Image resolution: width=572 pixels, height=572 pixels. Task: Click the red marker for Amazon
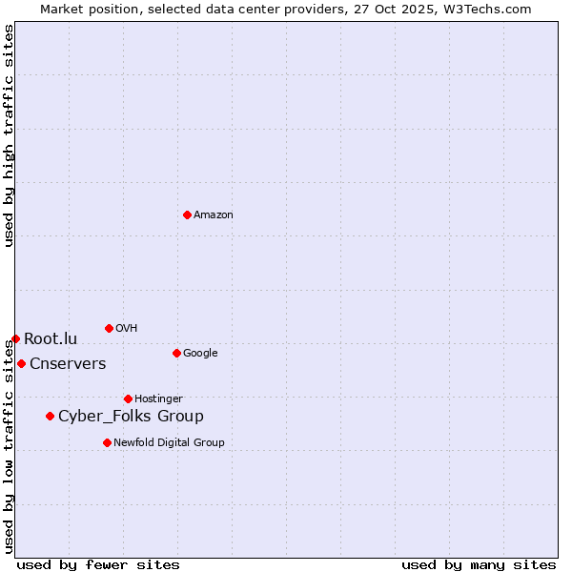[x=187, y=214]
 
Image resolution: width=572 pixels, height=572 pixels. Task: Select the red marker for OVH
[x=109, y=328]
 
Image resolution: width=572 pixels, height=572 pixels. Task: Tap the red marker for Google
[x=176, y=353]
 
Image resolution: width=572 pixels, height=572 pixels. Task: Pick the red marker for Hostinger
[x=128, y=398]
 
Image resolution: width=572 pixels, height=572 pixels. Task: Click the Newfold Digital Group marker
[x=107, y=442]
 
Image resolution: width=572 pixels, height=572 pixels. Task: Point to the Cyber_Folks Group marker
[x=50, y=416]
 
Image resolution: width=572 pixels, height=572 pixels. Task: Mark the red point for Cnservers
[x=21, y=363]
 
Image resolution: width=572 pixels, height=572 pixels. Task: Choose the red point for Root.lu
[x=15, y=338]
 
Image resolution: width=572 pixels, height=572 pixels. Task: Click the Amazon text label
[x=214, y=214]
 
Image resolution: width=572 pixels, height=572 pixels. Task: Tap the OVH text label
[x=127, y=328]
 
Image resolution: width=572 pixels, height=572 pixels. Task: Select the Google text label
[x=200, y=353]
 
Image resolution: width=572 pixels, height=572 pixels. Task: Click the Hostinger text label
[x=158, y=398]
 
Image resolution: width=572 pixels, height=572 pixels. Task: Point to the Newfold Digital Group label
[x=169, y=442]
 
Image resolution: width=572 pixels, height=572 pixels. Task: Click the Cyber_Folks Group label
[x=131, y=416]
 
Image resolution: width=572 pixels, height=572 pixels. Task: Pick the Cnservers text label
[x=68, y=363]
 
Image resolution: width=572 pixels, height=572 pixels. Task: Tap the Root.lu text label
[x=51, y=338]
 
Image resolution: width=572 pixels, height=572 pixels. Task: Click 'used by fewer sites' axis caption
[x=98, y=564]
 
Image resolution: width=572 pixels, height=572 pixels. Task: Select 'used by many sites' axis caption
[x=479, y=564]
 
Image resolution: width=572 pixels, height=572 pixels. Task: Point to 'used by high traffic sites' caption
[x=9, y=135]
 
